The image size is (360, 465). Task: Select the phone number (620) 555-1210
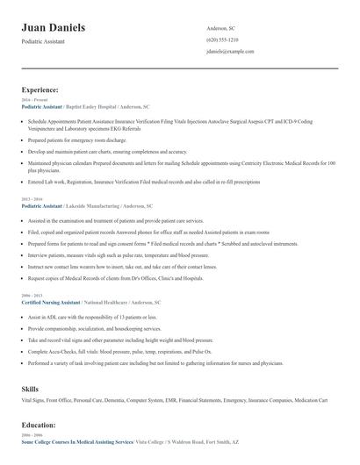tap(221, 40)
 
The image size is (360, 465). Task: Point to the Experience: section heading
tap(40, 89)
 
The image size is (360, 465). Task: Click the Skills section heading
tap(31, 388)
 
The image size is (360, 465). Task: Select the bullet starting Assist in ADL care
tap(83, 313)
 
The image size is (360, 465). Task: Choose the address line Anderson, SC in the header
tap(220, 28)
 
